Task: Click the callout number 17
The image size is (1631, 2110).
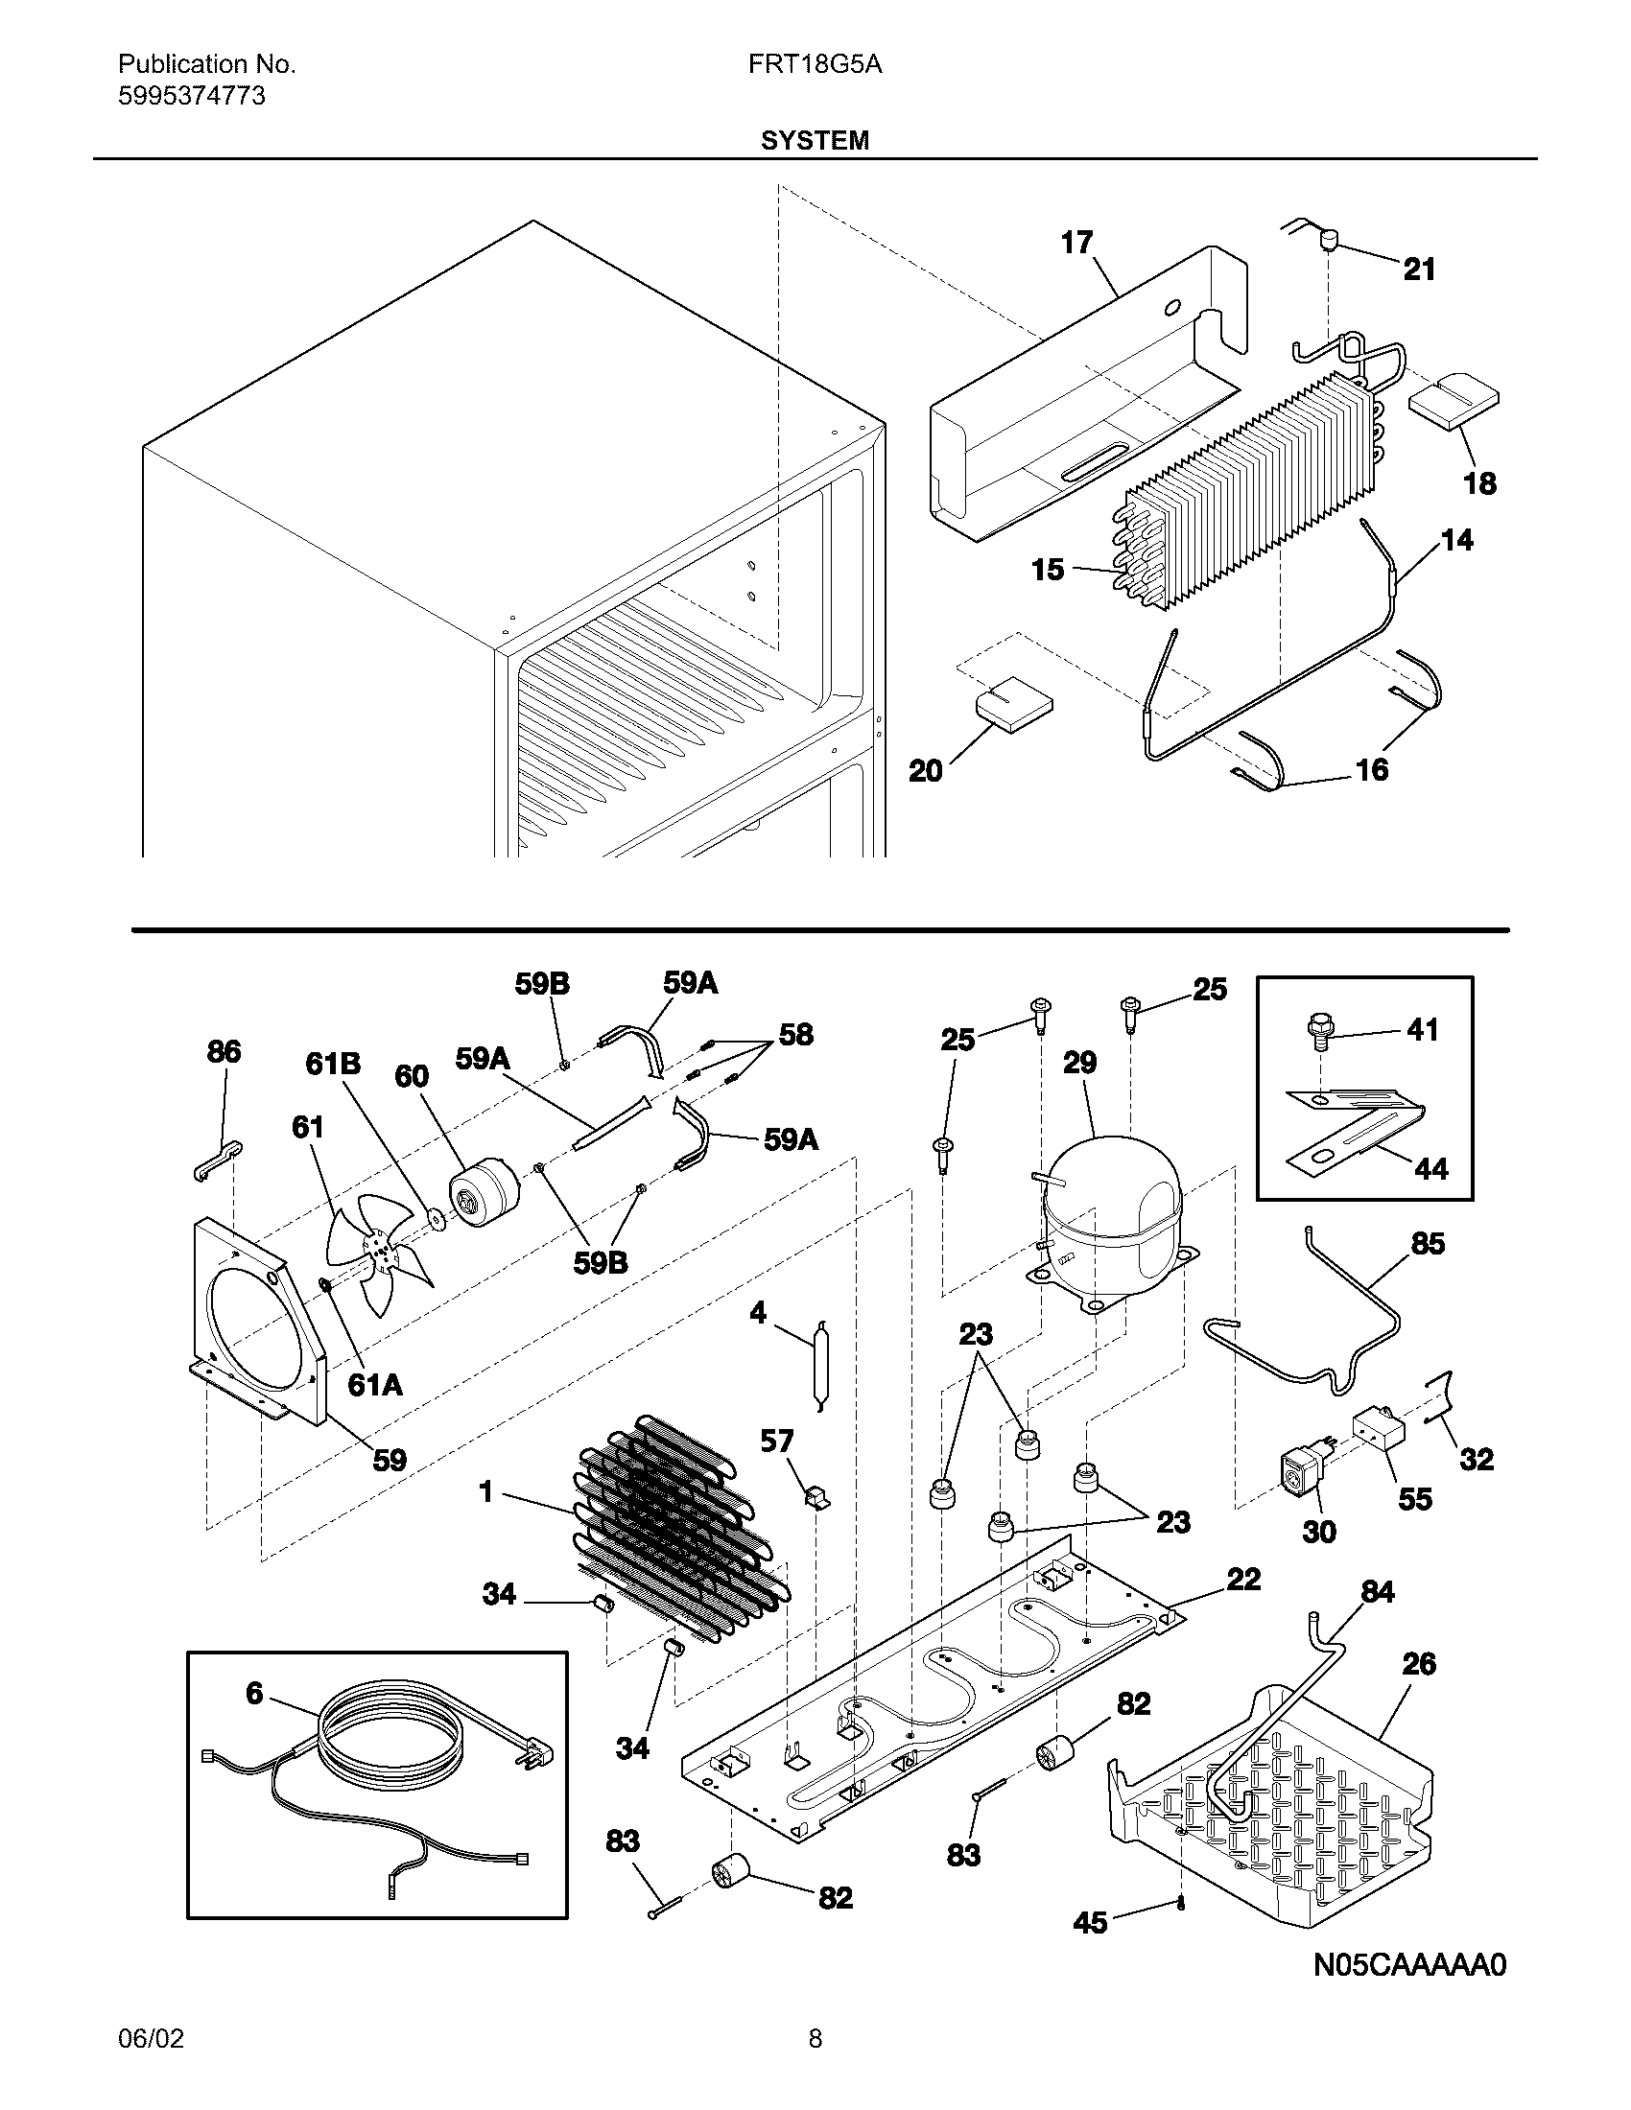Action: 1076,242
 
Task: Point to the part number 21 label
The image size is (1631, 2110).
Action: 1418,270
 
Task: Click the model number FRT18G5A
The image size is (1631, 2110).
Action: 815,64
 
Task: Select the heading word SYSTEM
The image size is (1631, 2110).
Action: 815,141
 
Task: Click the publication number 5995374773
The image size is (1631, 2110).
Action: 191,97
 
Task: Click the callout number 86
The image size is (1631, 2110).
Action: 224,1051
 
